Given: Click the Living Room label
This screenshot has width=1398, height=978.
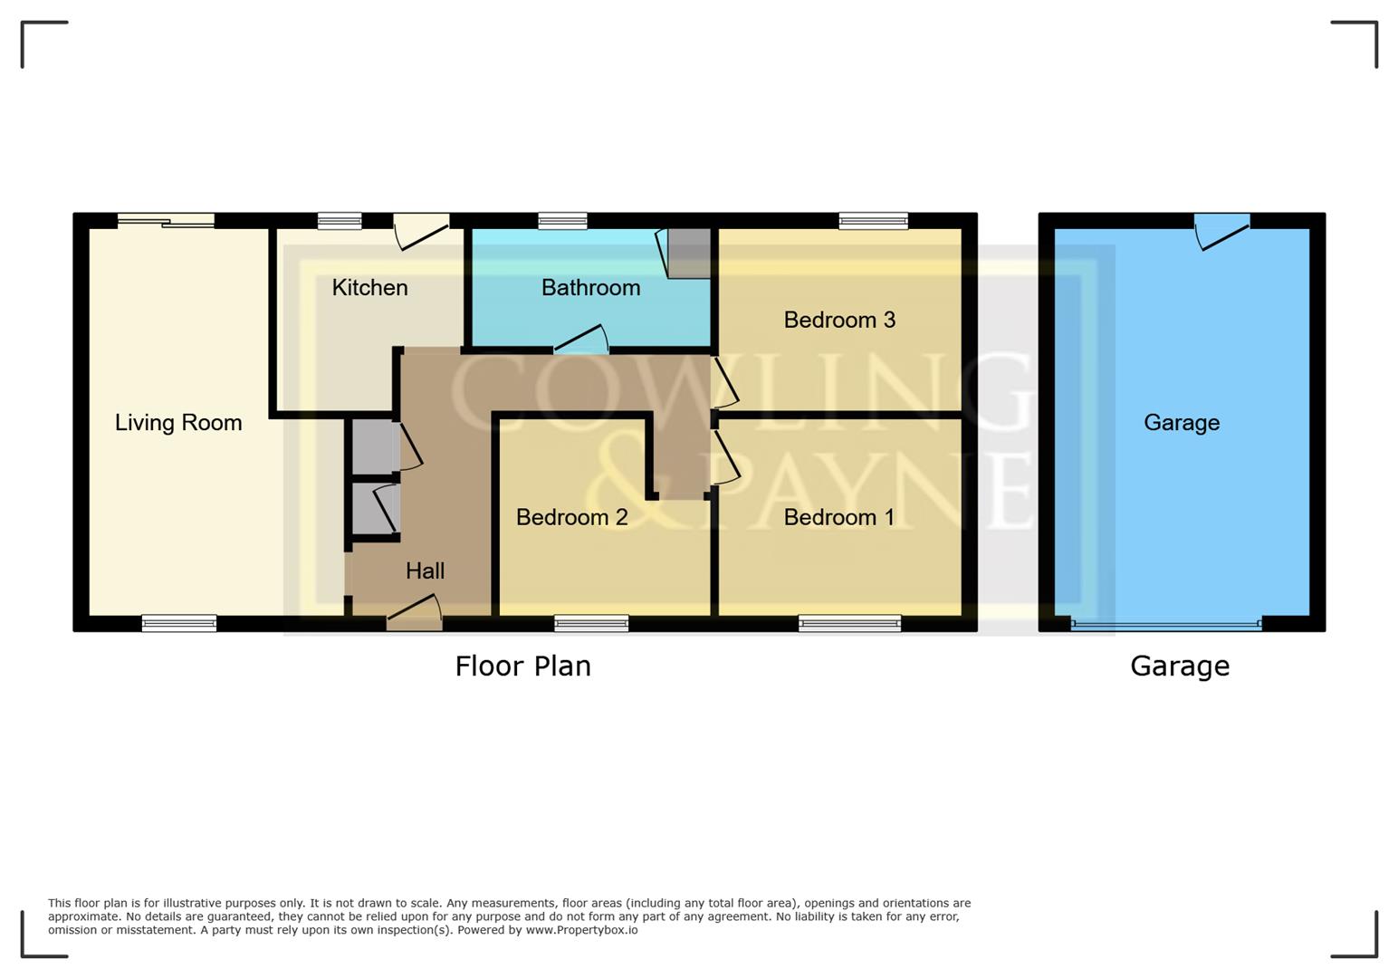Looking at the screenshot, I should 178,423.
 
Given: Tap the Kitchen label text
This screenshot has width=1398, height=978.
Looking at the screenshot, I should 369,288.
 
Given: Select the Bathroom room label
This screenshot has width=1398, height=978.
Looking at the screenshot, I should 590,288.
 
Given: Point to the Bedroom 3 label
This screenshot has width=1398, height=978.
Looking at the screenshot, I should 839,320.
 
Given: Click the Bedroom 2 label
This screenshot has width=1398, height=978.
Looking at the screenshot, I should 571,517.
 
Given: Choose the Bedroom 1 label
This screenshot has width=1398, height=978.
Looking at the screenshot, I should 838,517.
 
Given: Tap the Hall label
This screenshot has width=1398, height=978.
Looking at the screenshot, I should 425,570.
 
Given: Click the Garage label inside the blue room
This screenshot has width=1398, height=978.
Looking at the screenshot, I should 1181,423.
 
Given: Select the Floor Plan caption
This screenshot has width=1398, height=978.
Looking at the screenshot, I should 522,666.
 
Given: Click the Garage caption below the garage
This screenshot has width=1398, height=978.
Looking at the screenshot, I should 1179,666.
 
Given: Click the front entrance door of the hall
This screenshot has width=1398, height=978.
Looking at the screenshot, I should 415,613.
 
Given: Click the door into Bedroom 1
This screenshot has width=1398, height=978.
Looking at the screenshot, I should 725,456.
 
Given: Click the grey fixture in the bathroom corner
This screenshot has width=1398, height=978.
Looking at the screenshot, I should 688,253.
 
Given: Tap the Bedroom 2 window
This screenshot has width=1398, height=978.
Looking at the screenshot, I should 591,623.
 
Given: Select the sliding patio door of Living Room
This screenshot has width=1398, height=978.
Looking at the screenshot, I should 167,220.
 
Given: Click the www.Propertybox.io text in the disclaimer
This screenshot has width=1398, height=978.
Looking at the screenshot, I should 581,930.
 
